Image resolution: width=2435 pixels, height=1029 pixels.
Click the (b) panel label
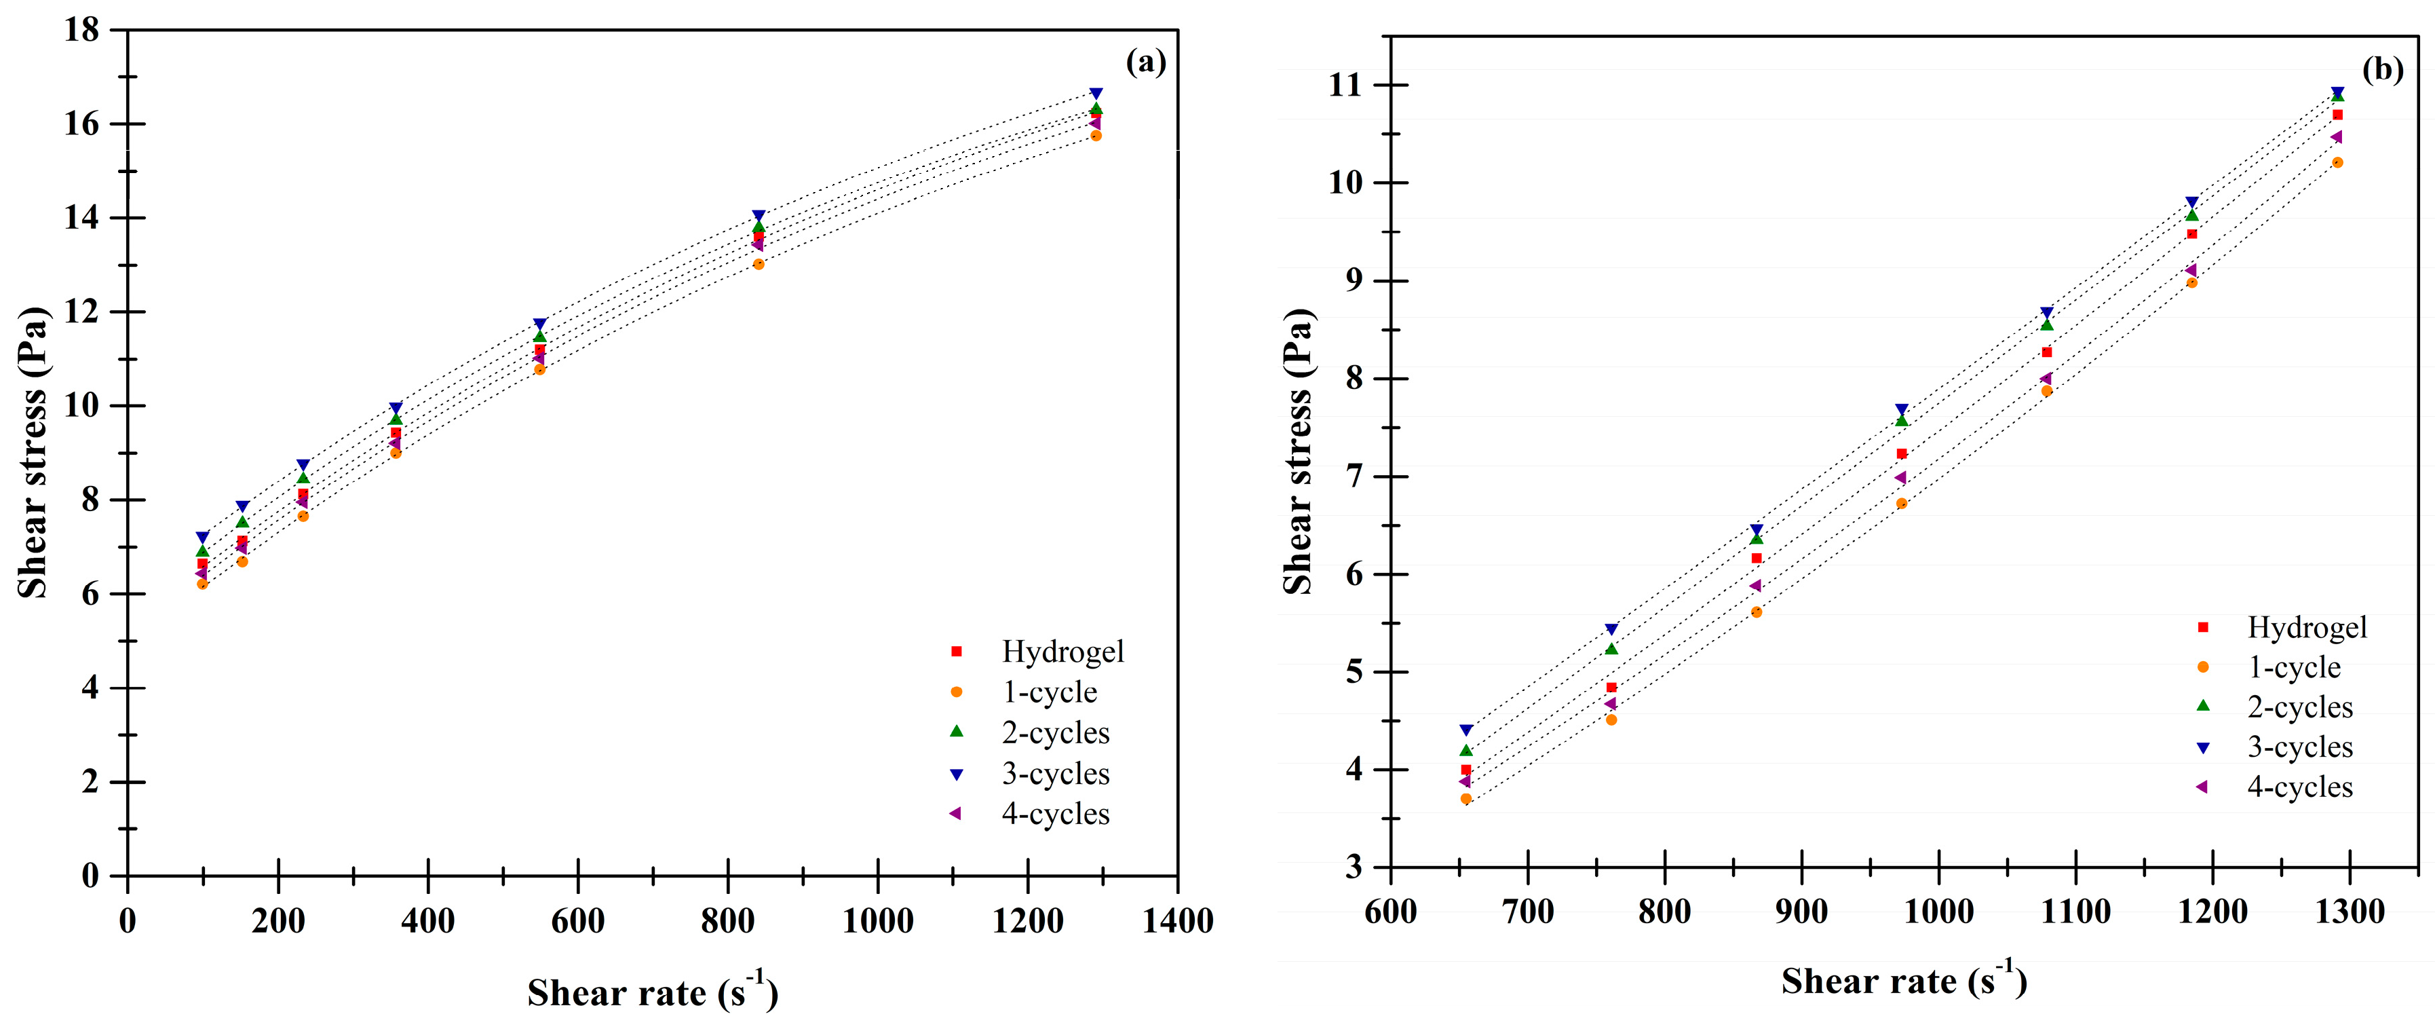[2382, 69]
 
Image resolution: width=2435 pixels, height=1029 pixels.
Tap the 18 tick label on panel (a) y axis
[81, 31]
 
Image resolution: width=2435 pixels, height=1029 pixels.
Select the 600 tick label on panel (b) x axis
[1390, 912]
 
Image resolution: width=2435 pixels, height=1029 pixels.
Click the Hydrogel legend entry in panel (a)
[1062, 652]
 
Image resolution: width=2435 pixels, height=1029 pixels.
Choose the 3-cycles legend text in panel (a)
[1056, 774]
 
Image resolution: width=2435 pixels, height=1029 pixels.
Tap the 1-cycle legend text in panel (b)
[2294, 668]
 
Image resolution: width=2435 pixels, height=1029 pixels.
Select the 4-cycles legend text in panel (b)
[2300, 787]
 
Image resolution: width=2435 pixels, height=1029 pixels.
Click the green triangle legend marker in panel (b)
[2202, 705]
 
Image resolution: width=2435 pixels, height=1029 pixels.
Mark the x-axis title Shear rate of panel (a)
[652, 992]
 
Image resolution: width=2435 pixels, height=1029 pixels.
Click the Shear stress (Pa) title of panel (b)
[1299, 451]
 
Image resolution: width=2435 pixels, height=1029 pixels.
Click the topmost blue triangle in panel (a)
[1096, 94]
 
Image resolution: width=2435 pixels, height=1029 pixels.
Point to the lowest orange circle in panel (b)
[1466, 799]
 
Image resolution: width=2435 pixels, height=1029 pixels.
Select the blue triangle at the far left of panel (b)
[1466, 730]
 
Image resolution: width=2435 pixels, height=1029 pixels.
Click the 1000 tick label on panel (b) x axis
[1939, 912]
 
